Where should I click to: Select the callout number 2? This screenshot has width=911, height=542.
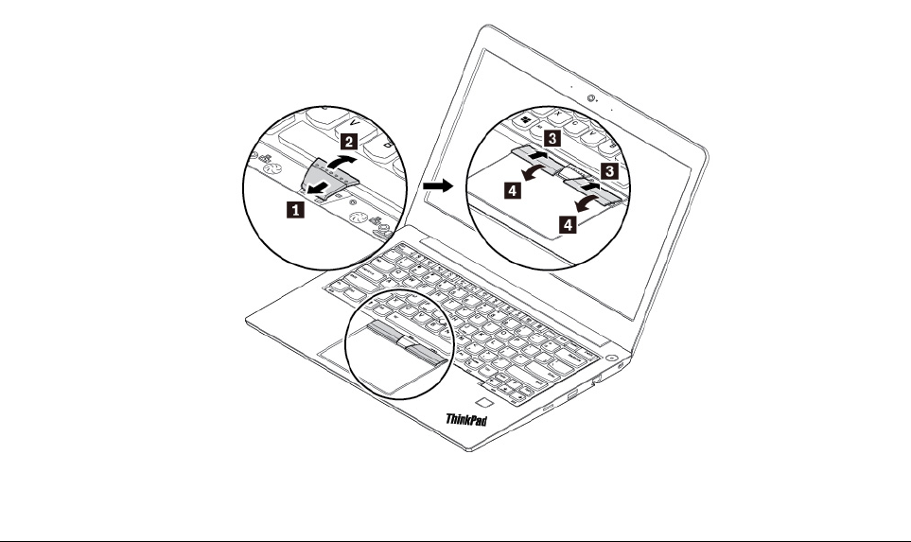pos(347,142)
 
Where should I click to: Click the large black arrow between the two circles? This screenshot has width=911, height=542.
pos(437,186)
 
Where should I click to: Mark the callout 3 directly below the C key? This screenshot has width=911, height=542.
pos(553,138)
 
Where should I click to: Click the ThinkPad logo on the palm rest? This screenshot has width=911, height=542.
pos(466,419)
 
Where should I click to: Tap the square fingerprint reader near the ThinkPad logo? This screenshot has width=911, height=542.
pos(485,402)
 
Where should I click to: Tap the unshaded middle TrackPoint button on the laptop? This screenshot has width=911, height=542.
pos(405,338)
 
